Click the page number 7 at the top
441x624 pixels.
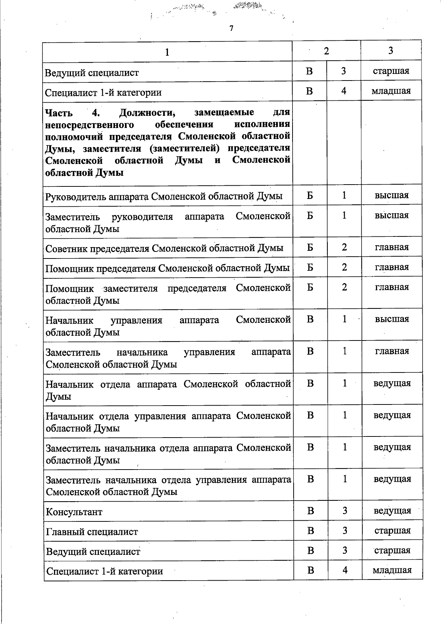click(231, 29)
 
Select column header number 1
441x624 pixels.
click(167, 52)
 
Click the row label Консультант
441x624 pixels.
click(74, 512)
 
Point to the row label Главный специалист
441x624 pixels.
click(92, 532)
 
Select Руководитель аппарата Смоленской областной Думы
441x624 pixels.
click(164, 196)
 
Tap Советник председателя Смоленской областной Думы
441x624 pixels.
click(164, 248)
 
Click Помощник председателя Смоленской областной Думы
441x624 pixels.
click(168, 268)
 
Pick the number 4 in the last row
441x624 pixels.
click(345, 570)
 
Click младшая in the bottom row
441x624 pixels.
click(392, 570)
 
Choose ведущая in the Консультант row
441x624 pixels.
click(392, 510)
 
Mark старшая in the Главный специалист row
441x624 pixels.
click(392, 530)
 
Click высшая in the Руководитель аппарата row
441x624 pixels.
click(392, 195)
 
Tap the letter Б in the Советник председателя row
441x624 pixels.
click(310, 247)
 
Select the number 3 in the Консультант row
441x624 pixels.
click(345, 510)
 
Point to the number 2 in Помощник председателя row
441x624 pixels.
click(344, 267)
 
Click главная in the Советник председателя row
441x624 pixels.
click(392, 247)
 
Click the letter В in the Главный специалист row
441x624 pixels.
click(311, 530)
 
